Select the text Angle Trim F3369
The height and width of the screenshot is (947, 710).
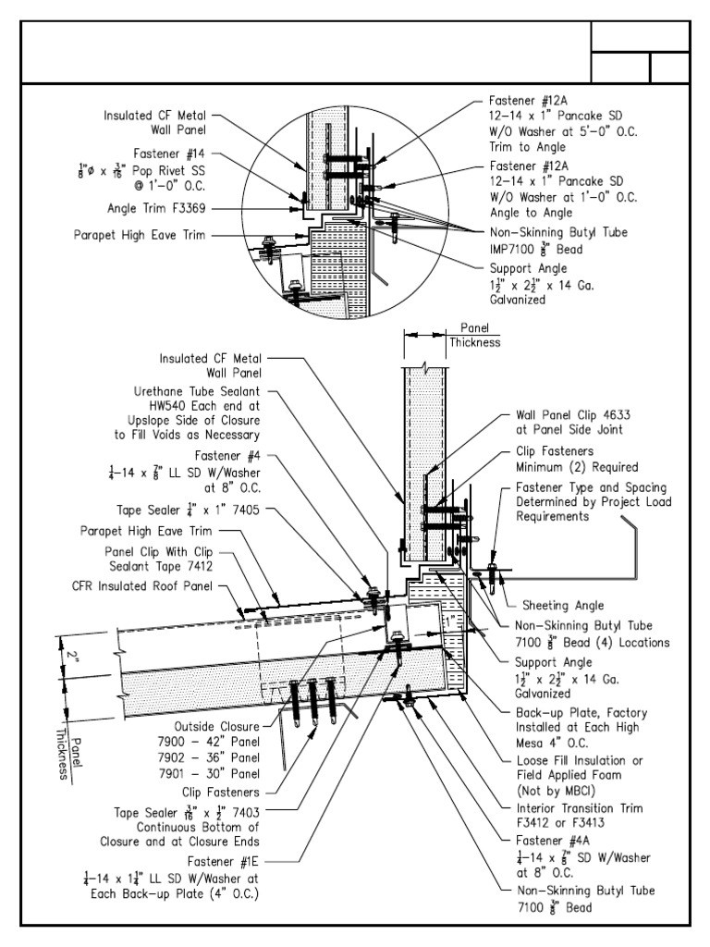(164, 210)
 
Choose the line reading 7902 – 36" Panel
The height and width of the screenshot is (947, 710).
(223, 756)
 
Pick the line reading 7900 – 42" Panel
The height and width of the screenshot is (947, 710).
(223, 742)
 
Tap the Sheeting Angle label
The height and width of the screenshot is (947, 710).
(563, 605)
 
